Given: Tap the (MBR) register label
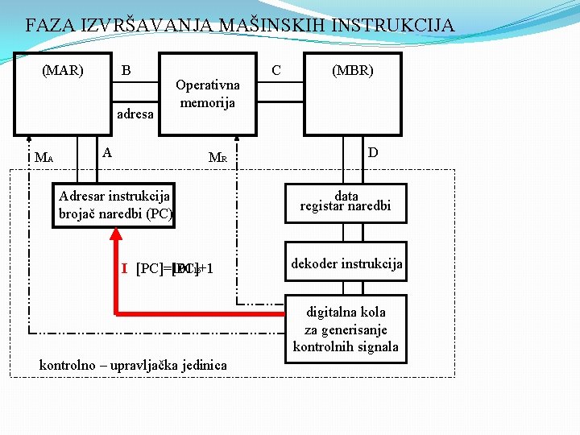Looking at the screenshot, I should pos(353,70).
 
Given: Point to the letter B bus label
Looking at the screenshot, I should pos(126,70).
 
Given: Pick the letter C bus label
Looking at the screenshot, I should pos(276,70).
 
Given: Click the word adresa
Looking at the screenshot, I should pos(135,114).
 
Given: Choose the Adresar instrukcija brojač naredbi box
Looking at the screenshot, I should pos(115,205).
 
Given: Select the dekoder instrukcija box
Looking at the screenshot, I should pos(346,263).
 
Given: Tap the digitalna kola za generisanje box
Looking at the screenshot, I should pos(346,329).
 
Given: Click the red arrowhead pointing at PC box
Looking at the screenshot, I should pos(116,234).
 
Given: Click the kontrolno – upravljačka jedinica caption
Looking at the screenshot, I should pos(133,365).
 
